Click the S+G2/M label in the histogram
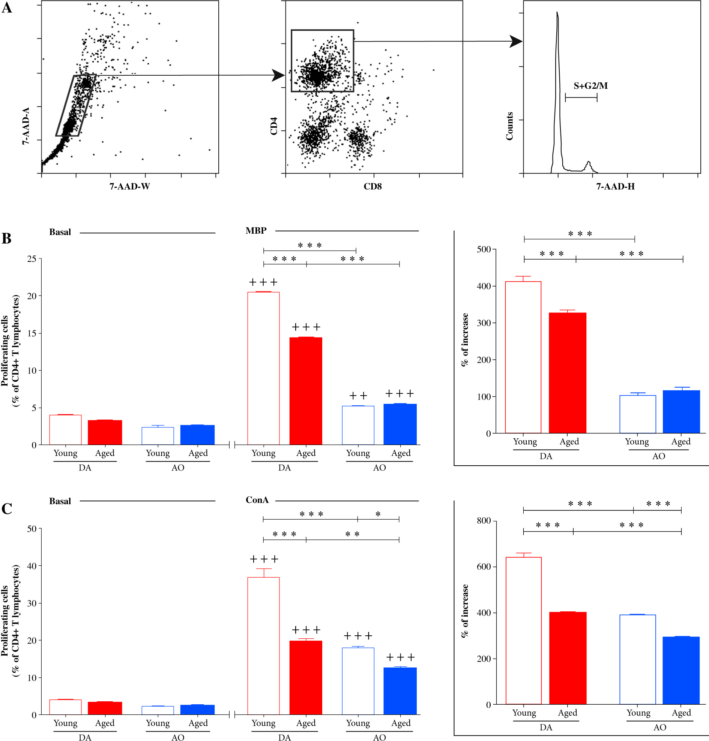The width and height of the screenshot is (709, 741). click(x=590, y=86)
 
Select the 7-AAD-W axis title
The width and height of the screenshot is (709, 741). click(x=130, y=187)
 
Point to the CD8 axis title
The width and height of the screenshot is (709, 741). click(x=373, y=187)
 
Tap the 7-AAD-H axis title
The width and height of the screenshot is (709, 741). click(x=615, y=187)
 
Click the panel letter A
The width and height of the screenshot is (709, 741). click(x=7, y=8)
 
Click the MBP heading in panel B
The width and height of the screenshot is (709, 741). click(x=256, y=231)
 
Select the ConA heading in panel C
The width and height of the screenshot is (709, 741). click(x=257, y=500)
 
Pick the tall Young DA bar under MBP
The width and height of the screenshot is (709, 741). click(x=263, y=368)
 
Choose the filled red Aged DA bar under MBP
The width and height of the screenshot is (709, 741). click(x=306, y=391)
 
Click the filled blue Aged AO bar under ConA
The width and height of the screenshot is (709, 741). click(x=400, y=691)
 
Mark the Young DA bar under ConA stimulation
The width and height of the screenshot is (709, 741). click(x=263, y=645)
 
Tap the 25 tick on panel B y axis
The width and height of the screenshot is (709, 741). click(x=32, y=259)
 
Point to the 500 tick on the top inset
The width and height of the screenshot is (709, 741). click(x=484, y=249)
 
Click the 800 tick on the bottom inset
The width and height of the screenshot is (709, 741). click(x=484, y=521)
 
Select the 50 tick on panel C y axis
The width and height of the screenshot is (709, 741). click(x=32, y=529)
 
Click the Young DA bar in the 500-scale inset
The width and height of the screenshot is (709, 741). click(x=523, y=357)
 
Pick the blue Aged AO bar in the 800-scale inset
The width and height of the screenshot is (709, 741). click(x=681, y=671)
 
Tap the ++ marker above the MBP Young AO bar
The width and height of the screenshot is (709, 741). click(x=358, y=396)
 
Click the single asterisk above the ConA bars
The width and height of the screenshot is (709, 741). click(x=378, y=514)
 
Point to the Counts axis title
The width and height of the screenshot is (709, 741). click(x=509, y=126)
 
